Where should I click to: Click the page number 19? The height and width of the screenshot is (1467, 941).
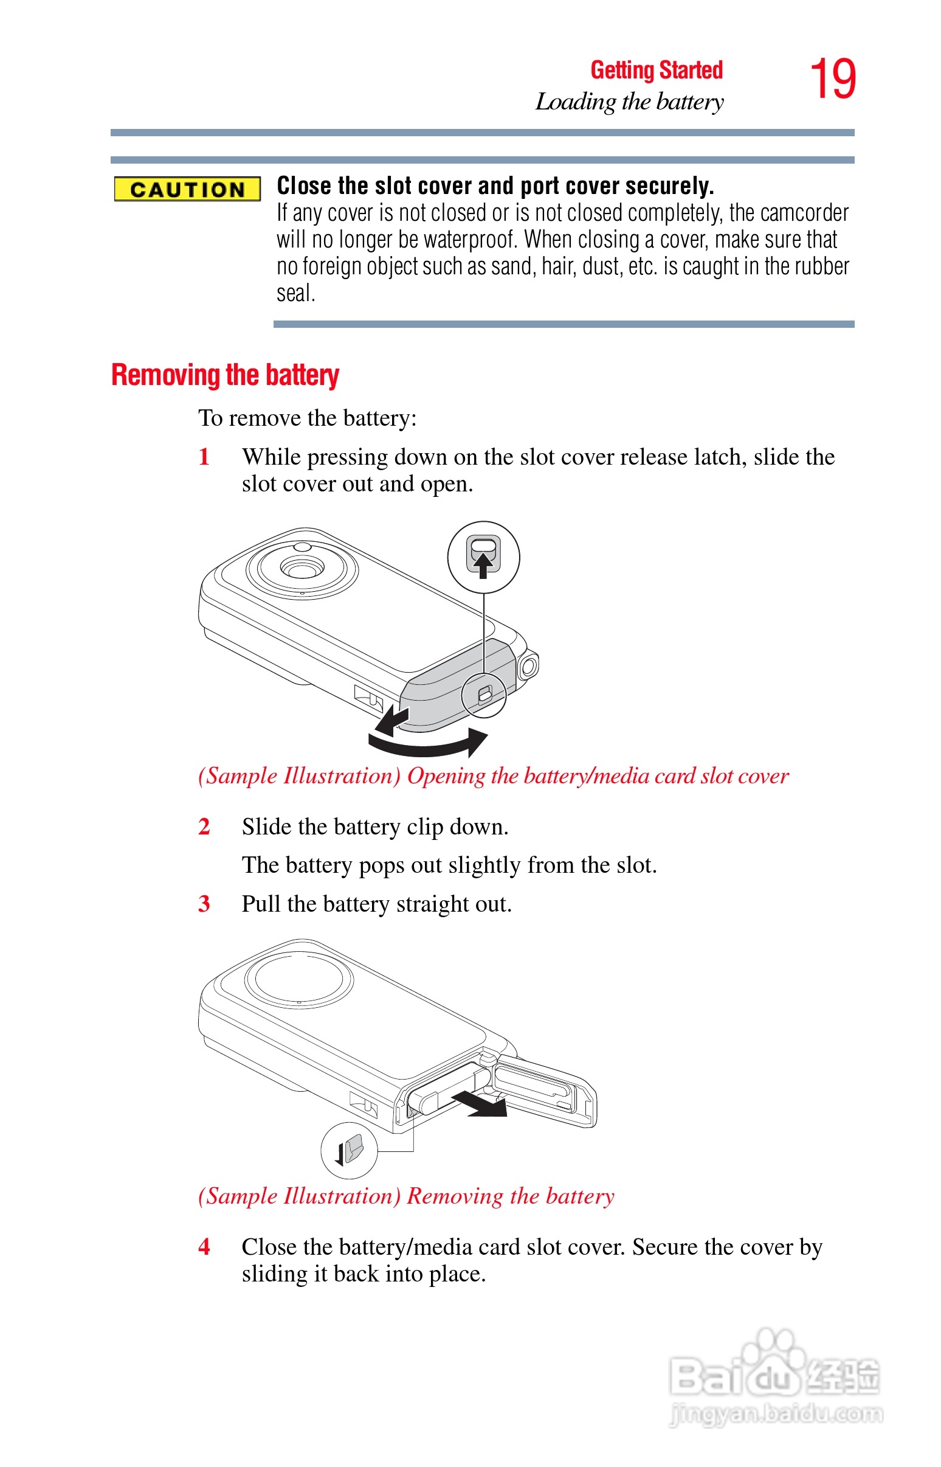[832, 79]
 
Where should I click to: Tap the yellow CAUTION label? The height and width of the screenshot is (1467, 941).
[187, 190]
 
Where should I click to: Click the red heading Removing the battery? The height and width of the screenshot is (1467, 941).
[225, 375]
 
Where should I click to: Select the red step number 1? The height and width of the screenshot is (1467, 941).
[204, 457]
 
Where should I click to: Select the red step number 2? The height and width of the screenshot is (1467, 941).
[204, 827]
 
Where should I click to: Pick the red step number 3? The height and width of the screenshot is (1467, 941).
[204, 903]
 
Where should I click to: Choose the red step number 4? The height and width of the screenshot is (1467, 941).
[204, 1246]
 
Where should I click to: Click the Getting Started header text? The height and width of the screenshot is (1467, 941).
[657, 71]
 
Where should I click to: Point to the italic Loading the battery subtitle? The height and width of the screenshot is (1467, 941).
[629, 102]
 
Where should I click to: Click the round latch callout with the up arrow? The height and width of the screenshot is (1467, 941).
[483, 557]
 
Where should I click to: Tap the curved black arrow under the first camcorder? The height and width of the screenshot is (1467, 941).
[428, 743]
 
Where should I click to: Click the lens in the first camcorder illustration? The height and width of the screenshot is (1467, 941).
[302, 568]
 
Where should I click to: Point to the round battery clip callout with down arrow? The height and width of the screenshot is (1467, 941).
[350, 1150]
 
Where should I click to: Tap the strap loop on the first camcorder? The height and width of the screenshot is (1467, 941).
[528, 665]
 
